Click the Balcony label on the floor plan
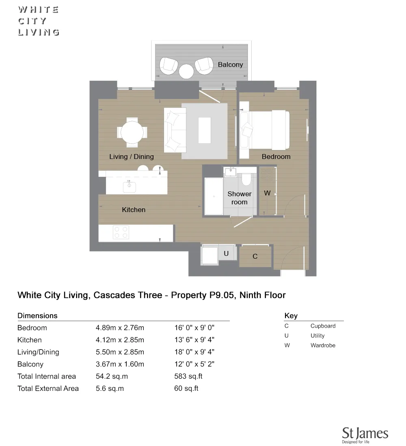point(230,64)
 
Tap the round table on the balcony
point(187,71)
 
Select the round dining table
point(132,132)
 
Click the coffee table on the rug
point(204,130)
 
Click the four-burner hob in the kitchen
point(121,232)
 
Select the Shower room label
point(239,198)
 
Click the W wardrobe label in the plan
point(267,193)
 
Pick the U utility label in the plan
point(226,254)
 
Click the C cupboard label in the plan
point(255,256)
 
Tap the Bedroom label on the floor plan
point(276,157)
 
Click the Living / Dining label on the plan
point(132,157)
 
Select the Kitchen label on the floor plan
point(134,210)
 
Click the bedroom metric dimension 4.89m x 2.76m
point(120,328)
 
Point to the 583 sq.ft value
point(188,376)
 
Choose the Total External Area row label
point(48,388)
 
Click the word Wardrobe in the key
point(323,345)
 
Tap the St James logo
point(365,434)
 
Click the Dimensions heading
point(37,315)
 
